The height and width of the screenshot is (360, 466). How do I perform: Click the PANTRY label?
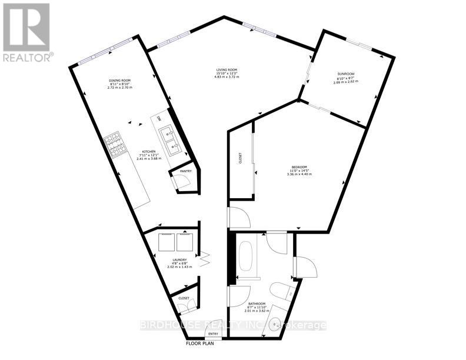(x=186, y=171)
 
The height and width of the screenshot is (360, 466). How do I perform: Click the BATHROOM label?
(x=258, y=304)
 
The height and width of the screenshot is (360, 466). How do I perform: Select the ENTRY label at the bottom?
(x=213, y=335)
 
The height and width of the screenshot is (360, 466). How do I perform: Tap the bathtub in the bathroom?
(x=247, y=256)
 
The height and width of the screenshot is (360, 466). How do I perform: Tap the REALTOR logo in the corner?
(x=27, y=32)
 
